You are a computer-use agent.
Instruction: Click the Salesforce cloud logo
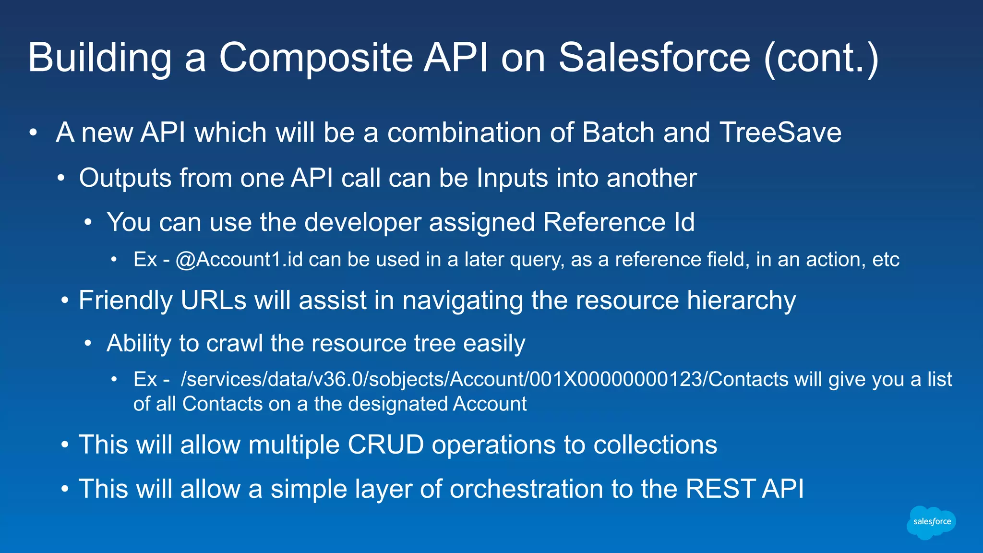(x=931, y=522)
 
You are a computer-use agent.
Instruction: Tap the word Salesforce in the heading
(x=654, y=58)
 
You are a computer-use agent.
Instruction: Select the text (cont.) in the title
(x=821, y=59)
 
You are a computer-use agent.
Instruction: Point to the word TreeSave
(x=780, y=132)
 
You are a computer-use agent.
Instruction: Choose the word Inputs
(x=512, y=178)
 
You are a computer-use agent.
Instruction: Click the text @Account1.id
(x=239, y=260)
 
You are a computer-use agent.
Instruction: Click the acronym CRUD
(x=385, y=445)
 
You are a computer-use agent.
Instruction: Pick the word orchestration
(x=526, y=489)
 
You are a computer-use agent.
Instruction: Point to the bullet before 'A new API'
(x=33, y=132)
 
